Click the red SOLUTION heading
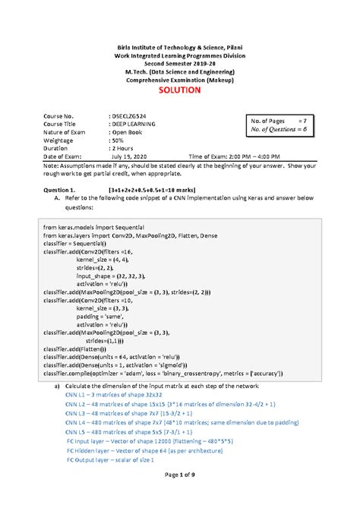[x=179, y=90]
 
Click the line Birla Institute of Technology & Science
[x=179, y=48]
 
